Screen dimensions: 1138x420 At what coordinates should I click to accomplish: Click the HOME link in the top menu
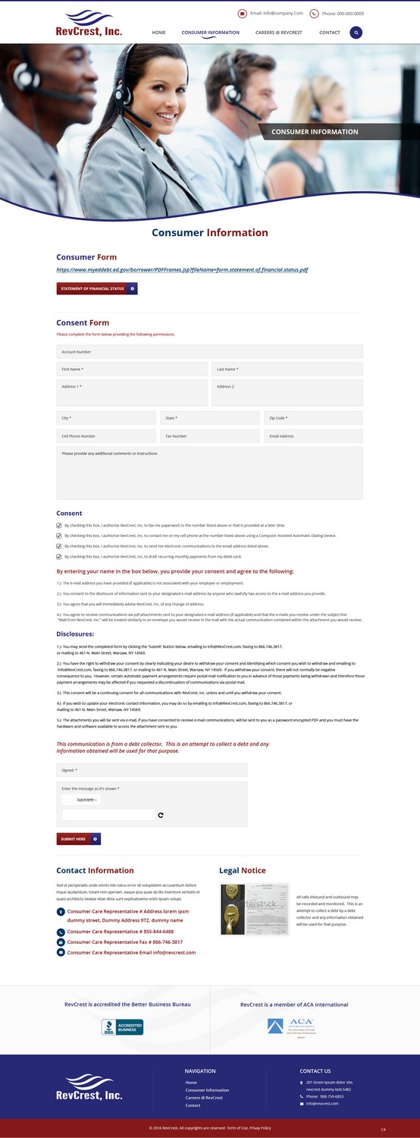[x=158, y=33]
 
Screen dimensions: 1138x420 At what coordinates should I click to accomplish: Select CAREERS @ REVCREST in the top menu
[x=278, y=33]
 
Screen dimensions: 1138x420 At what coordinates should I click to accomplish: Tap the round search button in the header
[x=356, y=33]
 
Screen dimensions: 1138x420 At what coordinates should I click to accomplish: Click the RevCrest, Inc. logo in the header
[x=89, y=24]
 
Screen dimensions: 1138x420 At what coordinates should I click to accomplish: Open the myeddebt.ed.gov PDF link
[x=182, y=269]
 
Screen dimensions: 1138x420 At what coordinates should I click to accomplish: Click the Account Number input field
[x=209, y=352]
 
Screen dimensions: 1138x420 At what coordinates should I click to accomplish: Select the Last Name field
[x=287, y=369]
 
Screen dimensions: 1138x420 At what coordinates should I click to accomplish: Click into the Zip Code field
[x=313, y=418]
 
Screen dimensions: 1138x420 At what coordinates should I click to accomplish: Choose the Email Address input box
[x=313, y=436]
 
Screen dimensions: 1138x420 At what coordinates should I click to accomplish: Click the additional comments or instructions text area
[x=209, y=473]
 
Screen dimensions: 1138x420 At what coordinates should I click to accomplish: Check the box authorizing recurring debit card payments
[x=59, y=557]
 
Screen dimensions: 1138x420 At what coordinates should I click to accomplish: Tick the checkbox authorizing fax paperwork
[x=59, y=525]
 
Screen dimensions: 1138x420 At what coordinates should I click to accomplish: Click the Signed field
[x=152, y=770]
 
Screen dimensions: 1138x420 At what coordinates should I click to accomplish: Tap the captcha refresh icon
[x=161, y=816]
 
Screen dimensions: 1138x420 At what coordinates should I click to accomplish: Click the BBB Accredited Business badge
[x=122, y=1027]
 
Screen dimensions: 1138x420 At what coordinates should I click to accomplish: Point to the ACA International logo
[x=290, y=1026]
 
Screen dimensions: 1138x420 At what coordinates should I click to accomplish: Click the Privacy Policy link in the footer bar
[x=260, y=1128]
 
